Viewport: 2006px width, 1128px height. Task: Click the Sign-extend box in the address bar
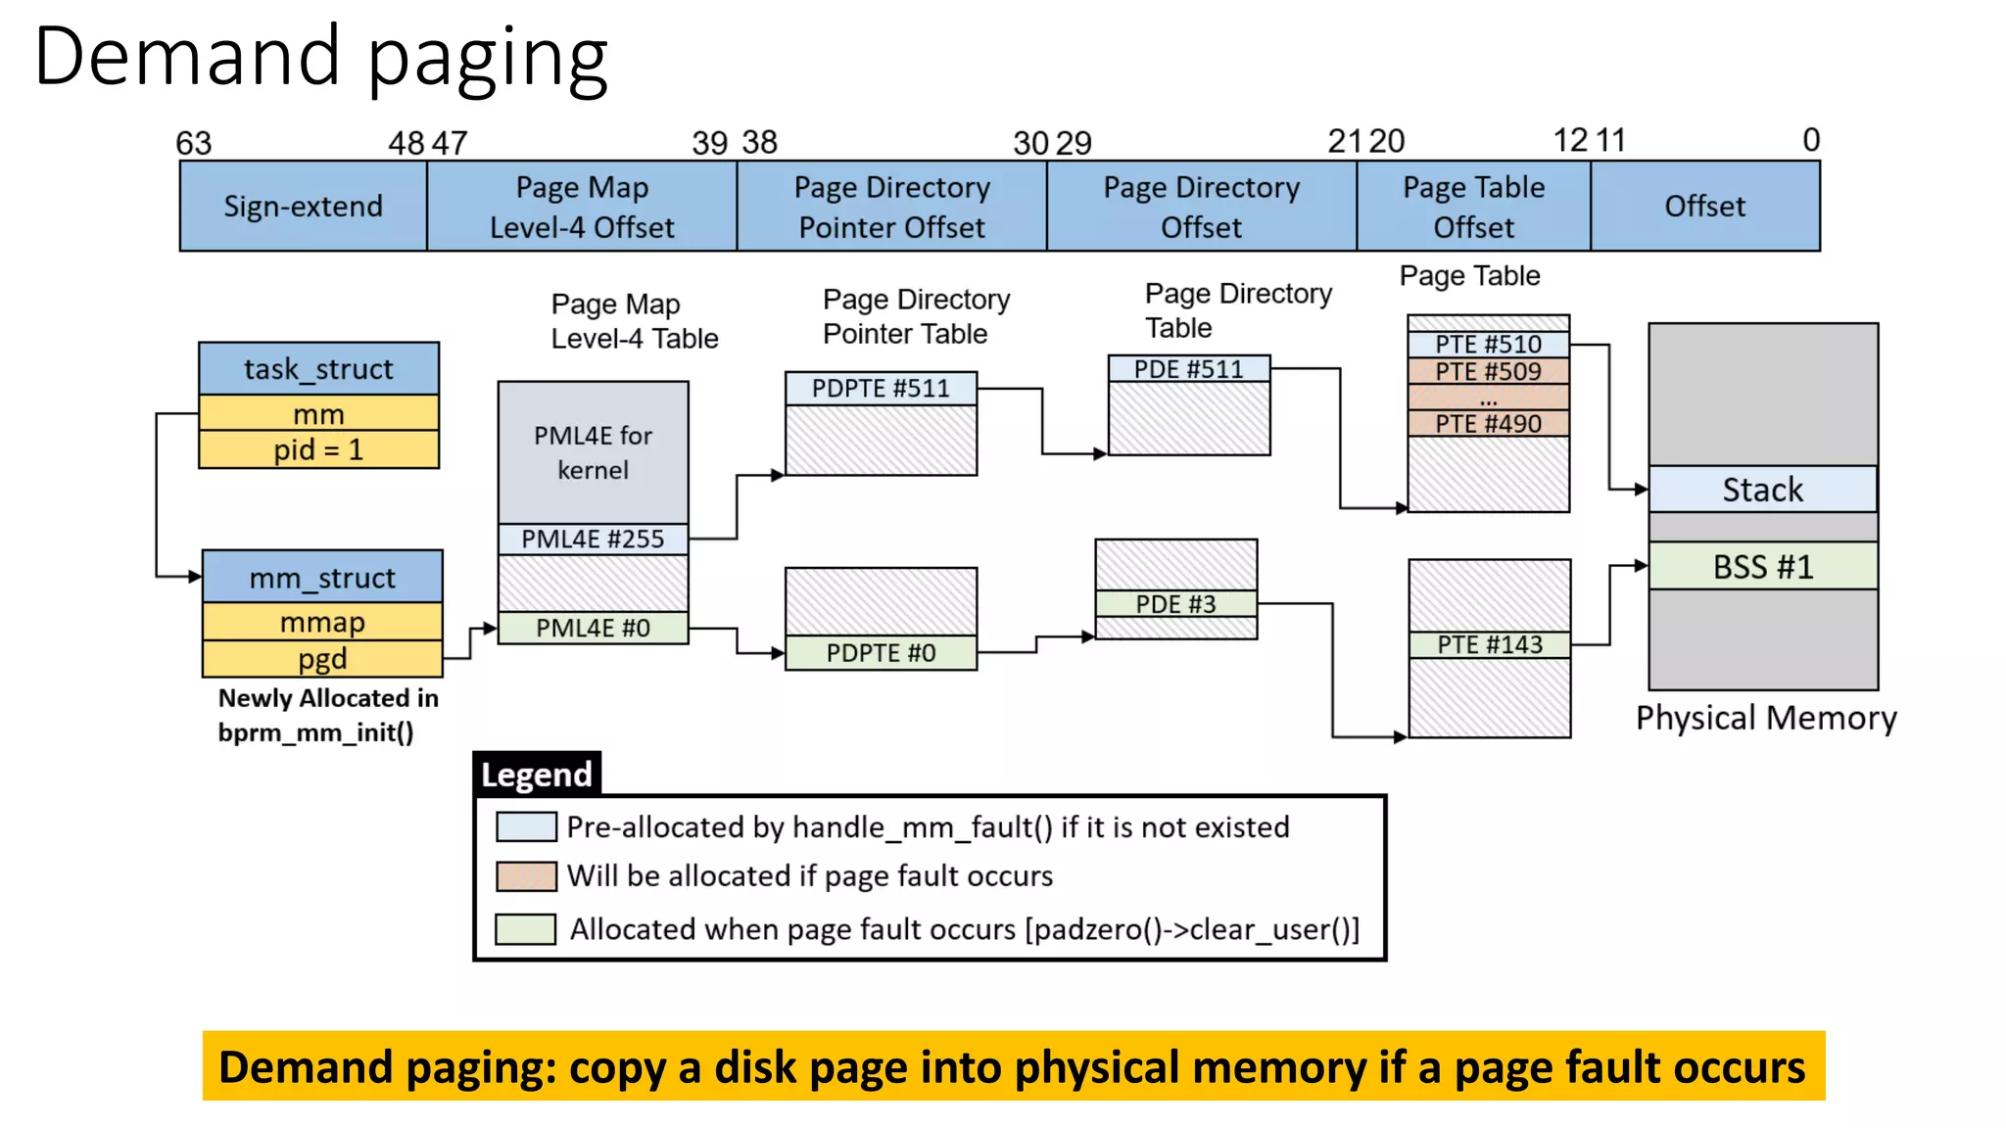[x=303, y=207]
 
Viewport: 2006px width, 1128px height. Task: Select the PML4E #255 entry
[x=593, y=539]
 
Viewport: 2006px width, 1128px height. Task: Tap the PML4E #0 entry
[x=593, y=628]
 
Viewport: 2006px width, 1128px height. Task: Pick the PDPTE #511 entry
[x=881, y=389]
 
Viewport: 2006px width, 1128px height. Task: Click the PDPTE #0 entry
[x=881, y=653]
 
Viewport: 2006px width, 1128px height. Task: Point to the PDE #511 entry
[x=1188, y=369]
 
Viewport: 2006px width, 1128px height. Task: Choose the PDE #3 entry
[x=1175, y=604]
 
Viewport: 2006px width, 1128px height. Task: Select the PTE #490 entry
[x=1488, y=424]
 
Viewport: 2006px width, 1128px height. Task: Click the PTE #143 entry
[x=1489, y=644]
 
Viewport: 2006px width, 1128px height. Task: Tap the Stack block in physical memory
[x=1762, y=490]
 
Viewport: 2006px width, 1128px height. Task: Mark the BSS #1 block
[x=1762, y=566]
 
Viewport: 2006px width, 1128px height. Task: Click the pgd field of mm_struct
[x=322, y=659]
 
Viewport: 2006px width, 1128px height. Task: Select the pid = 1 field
[x=318, y=450]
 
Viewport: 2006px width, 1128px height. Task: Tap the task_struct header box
[x=318, y=369]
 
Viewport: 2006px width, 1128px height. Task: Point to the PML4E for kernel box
[x=593, y=452]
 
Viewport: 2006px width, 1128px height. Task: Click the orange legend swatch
[x=526, y=875]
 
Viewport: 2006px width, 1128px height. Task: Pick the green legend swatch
[x=526, y=928]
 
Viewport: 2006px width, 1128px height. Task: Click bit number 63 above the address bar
[x=193, y=143]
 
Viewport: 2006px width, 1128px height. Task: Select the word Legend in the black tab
[x=537, y=775]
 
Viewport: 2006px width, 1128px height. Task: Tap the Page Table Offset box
[x=1473, y=207]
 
